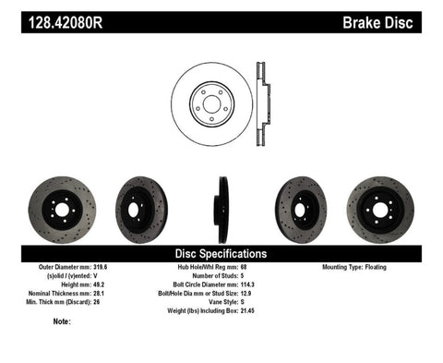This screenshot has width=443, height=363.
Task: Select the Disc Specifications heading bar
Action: (x=221, y=252)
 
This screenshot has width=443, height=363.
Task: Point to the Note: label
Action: (x=63, y=321)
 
